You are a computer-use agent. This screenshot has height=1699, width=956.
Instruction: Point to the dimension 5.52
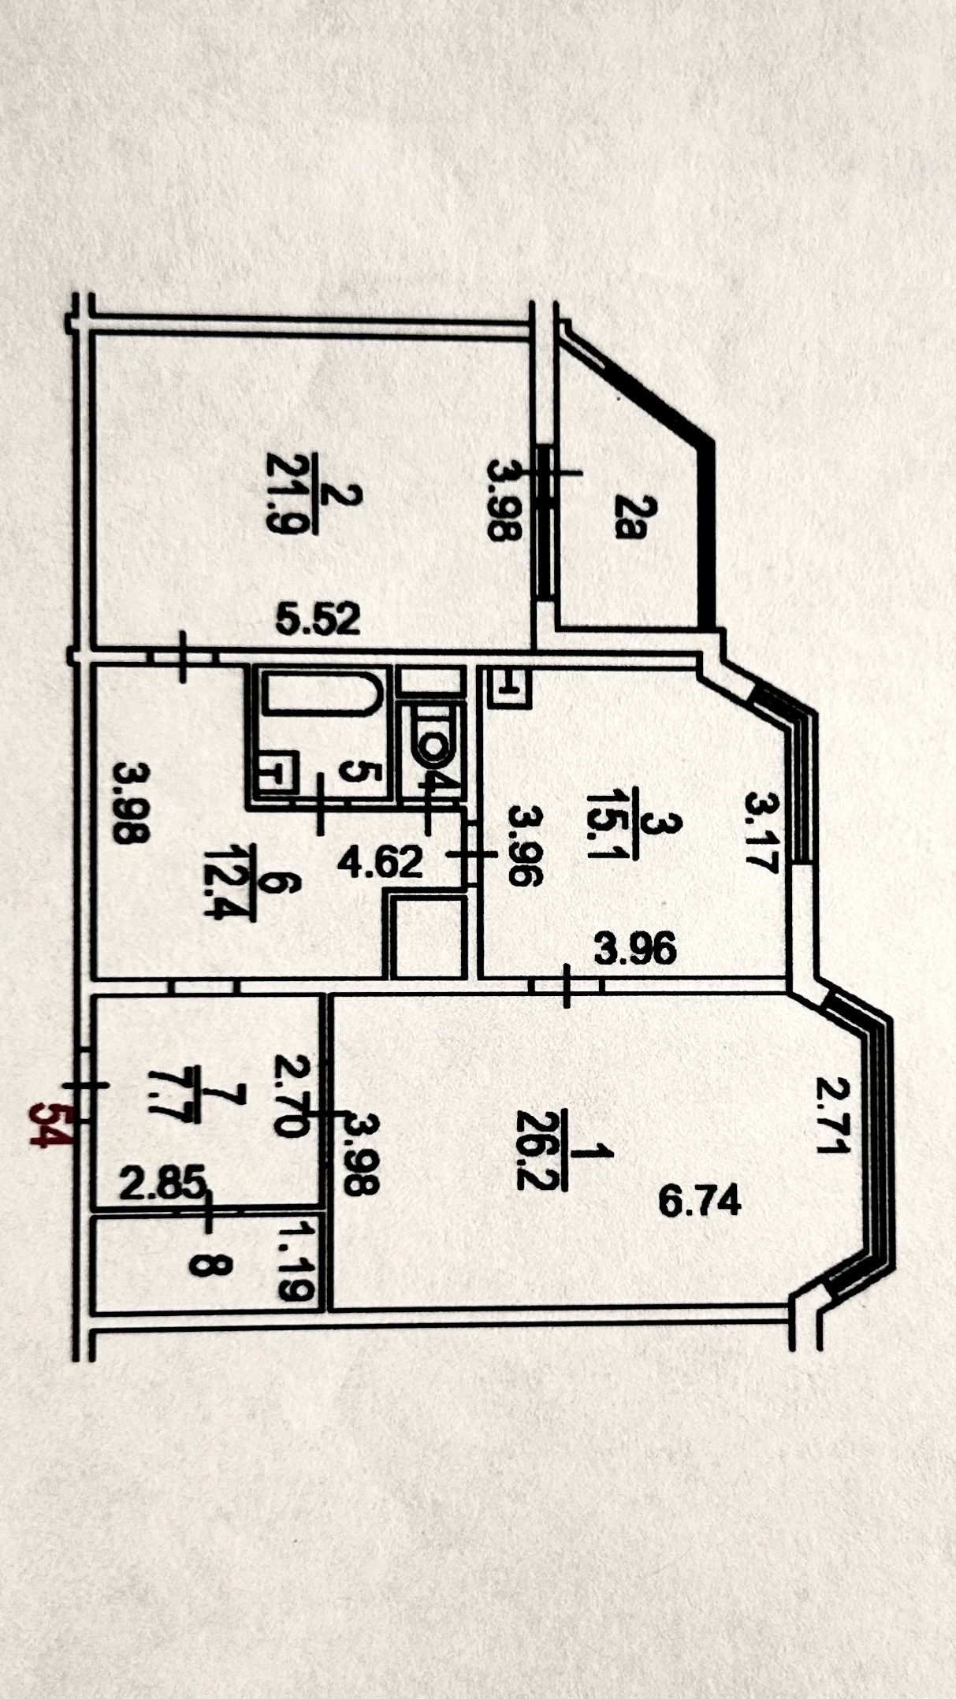click(318, 619)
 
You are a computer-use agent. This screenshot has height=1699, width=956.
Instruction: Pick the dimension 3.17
click(761, 834)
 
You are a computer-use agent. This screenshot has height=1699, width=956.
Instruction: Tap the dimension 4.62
click(381, 862)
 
